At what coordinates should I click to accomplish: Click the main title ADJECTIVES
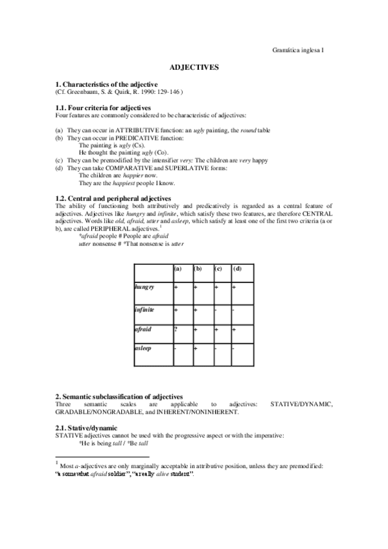point(194,67)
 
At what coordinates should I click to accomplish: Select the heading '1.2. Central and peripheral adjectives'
point(113,198)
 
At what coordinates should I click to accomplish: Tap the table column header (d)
point(238,269)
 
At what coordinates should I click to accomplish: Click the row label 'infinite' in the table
point(144,309)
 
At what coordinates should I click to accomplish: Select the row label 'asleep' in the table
point(143,349)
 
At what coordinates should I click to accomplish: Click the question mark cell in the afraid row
point(175,330)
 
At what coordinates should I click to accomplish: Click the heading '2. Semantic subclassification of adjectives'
point(119,396)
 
